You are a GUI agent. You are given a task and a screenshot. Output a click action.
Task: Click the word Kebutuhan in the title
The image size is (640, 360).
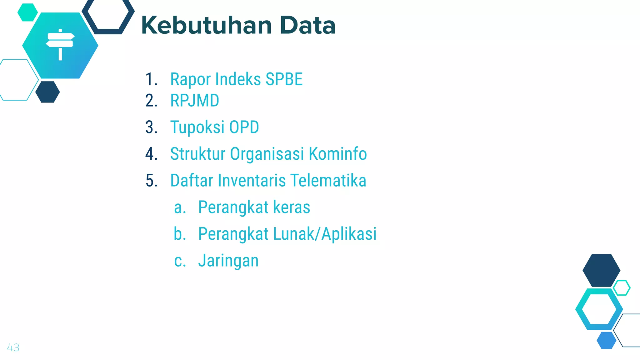pos(206,26)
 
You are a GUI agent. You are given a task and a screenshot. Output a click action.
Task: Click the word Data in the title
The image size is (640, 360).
pos(307,26)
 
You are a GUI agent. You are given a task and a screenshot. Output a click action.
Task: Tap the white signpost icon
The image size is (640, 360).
pos(60,44)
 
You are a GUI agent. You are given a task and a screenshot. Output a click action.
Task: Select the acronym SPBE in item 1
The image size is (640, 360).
pos(284,79)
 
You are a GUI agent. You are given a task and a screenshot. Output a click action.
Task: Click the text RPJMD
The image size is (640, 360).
pos(194,101)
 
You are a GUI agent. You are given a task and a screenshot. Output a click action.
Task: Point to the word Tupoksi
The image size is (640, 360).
pos(197,127)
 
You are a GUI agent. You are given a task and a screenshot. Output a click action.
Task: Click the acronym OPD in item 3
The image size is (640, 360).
pos(244,127)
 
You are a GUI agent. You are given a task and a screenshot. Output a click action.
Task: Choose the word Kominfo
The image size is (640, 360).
pos(337,154)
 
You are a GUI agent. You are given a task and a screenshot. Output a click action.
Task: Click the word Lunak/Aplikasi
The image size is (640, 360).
pos(325,234)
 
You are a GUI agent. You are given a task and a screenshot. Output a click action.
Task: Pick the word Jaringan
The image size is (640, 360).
pos(228,261)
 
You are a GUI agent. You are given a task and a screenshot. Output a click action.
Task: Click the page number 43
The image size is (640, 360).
pos(13,347)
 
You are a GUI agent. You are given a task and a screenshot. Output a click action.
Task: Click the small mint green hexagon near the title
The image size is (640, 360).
pos(27,12)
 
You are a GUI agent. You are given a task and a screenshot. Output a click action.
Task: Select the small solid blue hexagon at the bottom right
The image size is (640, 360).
pos(606,340)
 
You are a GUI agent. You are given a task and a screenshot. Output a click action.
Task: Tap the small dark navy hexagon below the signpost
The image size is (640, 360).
pos(47,92)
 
